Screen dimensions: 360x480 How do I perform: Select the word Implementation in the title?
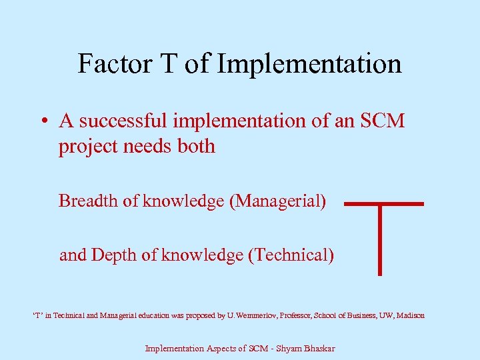pos(309,64)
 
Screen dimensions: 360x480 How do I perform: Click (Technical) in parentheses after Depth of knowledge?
pos(290,255)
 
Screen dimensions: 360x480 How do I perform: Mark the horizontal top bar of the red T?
pos(384,203)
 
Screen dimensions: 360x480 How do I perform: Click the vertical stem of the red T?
pos(379,240)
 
